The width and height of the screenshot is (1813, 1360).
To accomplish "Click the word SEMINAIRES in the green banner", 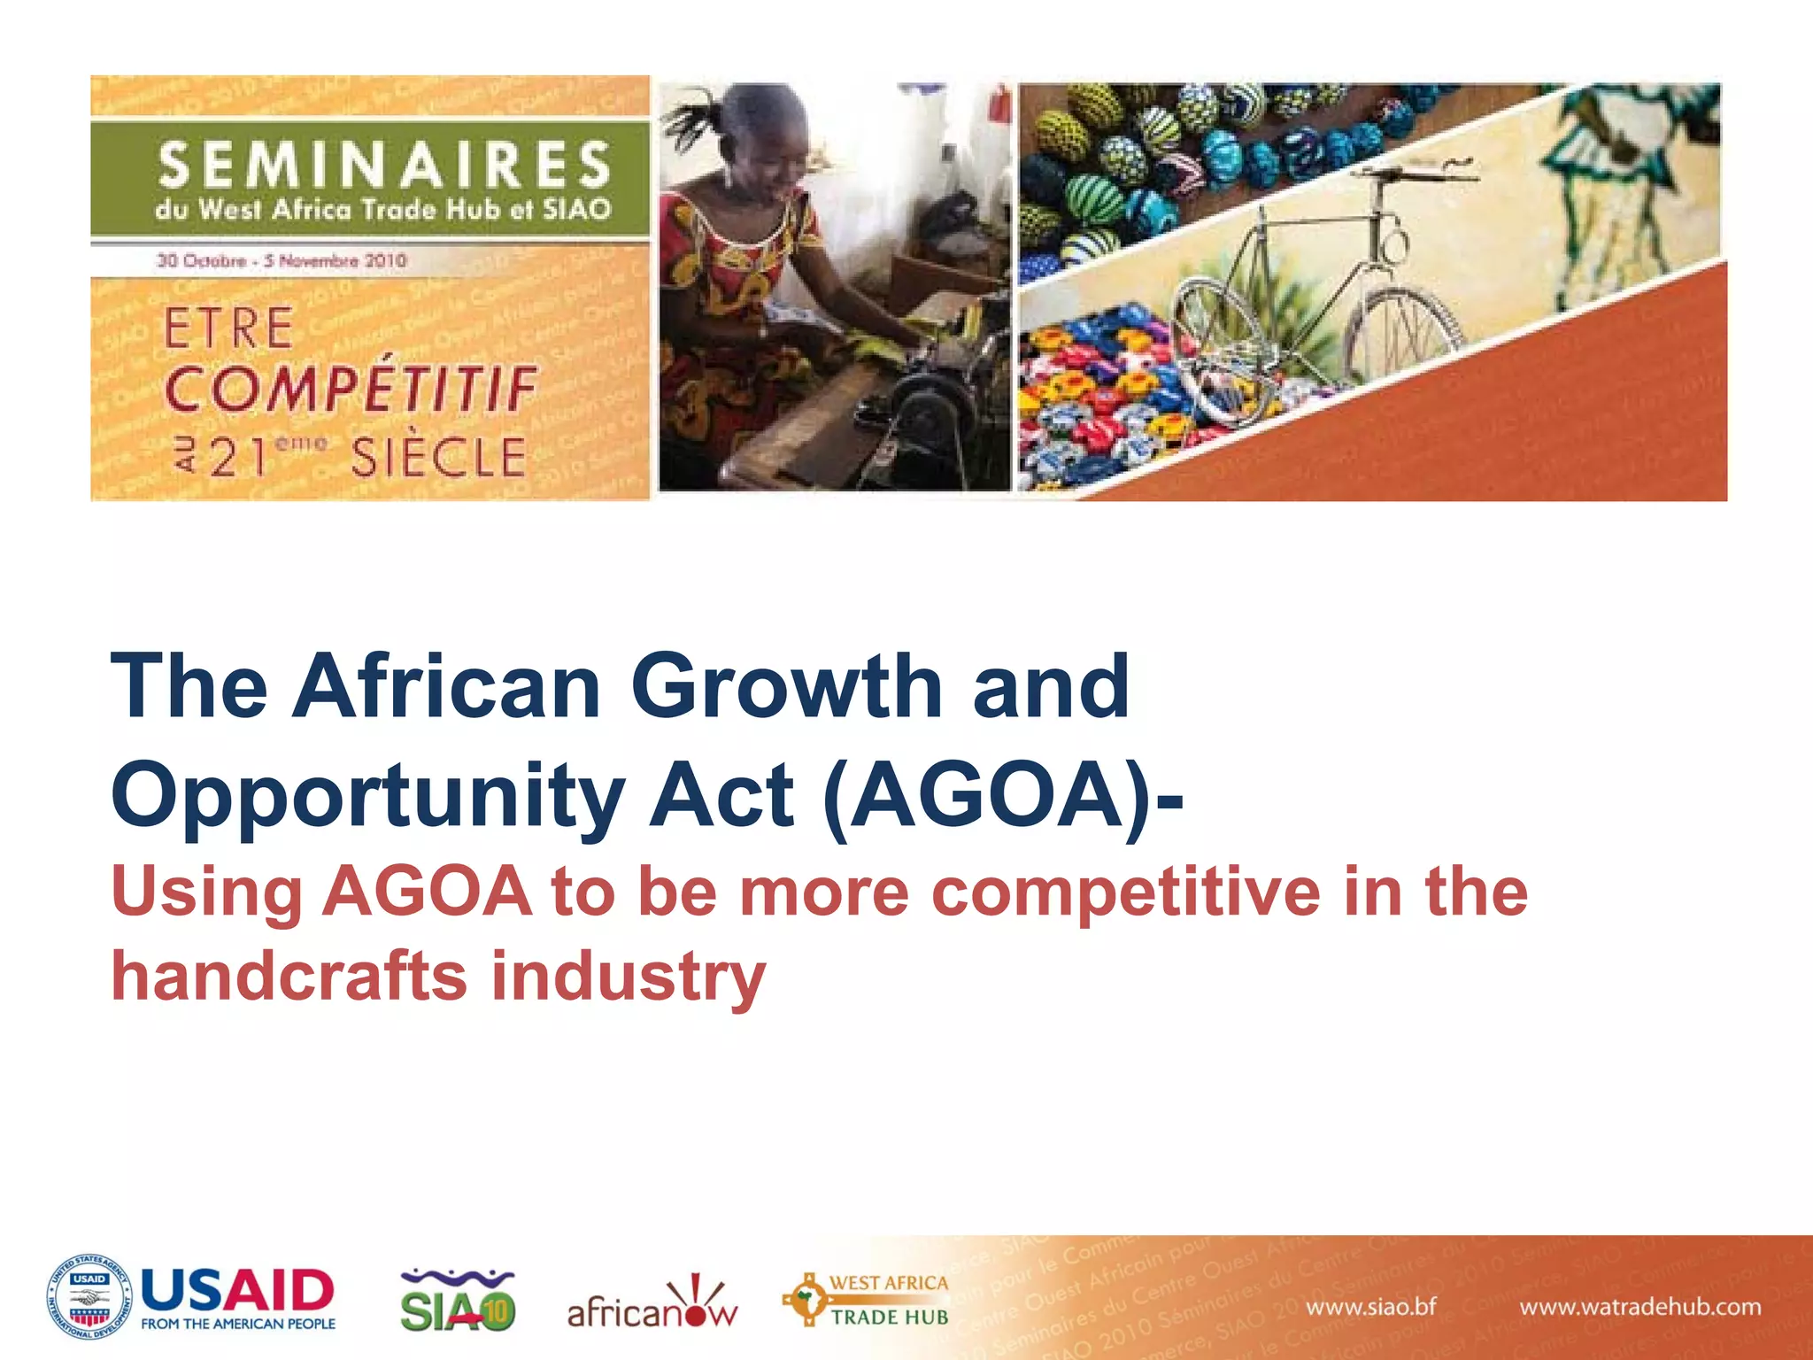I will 384,164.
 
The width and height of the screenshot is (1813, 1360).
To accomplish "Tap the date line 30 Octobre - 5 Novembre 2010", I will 282,261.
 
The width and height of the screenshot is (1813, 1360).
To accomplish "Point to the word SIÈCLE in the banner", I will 438,458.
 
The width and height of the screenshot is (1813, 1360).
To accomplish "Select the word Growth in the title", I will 786,687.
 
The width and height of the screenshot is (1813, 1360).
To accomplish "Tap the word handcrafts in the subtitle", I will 288,977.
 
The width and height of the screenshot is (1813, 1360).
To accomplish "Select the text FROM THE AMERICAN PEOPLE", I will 238,1324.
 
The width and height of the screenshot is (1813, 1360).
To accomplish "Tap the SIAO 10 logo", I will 458,1301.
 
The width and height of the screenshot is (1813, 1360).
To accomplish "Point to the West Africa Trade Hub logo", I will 866,1300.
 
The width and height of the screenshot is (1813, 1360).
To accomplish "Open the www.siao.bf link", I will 1370,1307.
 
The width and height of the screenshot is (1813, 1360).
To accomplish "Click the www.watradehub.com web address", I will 1639,1307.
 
